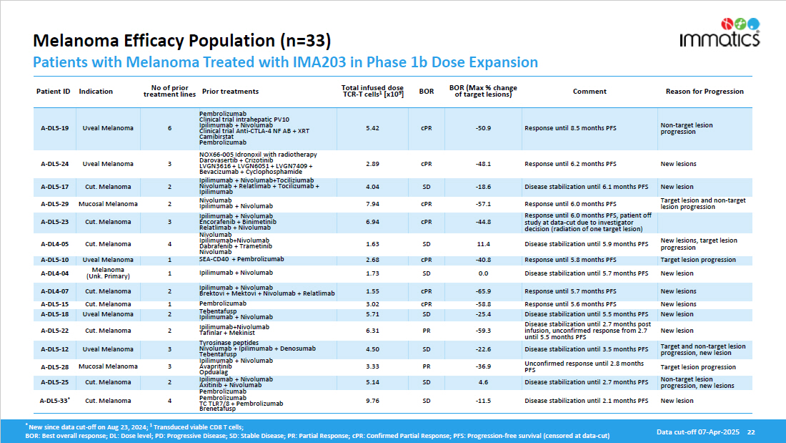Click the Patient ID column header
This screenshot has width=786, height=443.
(54, 92)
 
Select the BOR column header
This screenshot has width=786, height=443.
(427, 92)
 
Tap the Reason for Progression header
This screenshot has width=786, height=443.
(705, 92)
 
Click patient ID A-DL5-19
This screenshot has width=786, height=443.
(54, 128)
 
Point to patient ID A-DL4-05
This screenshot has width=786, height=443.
(54, 244)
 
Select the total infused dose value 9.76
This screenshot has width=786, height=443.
(372, 401)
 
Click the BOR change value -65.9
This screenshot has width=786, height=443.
(483, 291)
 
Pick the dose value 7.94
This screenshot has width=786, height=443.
(372, 204)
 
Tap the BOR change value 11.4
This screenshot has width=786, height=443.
(483, 244)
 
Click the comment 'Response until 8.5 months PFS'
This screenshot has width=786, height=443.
(570, 128)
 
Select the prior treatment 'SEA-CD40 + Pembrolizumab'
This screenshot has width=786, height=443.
(242, 259)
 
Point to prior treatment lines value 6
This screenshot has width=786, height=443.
(169, 128)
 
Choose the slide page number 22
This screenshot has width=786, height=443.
(750, 432)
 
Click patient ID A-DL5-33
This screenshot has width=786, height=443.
(54, 401)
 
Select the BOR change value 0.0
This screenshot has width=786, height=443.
(483, 273)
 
